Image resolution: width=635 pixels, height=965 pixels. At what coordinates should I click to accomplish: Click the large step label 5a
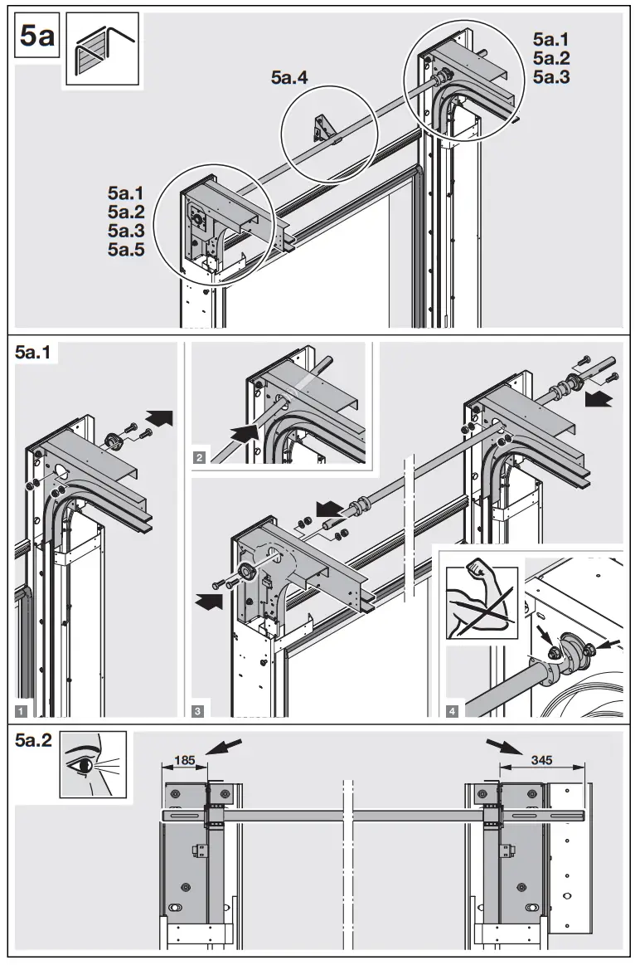click(36, 38)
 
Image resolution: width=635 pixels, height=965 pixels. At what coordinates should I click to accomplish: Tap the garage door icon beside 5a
click(100, 51)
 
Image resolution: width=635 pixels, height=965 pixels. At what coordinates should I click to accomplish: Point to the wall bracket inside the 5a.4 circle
click(320, 129)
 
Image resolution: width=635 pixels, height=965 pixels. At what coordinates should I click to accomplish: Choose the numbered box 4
click(450, 709)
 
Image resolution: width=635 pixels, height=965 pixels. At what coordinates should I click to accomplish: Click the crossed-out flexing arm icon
click(481, 602)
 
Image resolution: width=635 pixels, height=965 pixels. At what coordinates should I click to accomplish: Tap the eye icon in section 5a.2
click(93, 763)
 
